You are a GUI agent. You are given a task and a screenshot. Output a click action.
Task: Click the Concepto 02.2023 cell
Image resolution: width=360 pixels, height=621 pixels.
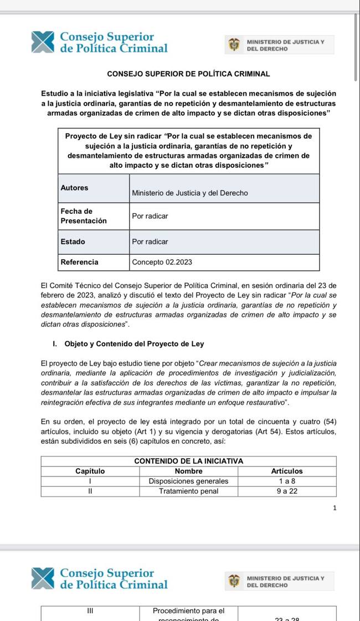(162, 262)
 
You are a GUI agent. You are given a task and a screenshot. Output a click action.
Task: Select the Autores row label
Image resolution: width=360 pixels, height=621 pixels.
(74, 188)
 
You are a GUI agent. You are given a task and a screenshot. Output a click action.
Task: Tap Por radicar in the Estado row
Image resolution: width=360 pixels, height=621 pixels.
(150, 242)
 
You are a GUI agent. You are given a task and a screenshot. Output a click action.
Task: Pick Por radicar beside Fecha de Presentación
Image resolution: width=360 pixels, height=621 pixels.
(150, 216)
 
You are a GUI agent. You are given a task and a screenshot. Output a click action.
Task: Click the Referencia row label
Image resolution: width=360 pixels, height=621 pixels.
(79, 262)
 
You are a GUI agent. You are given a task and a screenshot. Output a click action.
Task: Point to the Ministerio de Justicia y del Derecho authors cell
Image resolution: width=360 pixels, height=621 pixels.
(189, 193)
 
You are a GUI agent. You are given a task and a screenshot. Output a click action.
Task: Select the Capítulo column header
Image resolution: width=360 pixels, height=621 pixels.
(90, 471)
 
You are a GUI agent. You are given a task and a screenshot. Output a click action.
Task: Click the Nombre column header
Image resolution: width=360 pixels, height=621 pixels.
(188, 471)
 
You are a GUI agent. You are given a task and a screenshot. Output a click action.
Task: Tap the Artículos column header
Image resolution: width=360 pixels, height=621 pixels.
(287, 471)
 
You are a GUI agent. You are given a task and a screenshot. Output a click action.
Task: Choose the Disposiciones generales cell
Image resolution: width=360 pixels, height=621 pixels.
(188, 481)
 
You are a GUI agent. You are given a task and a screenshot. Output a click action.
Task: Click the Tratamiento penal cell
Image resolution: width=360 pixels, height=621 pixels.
(188, 491)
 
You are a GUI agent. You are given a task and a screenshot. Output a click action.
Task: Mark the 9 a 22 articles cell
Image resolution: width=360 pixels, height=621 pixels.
(287, 491)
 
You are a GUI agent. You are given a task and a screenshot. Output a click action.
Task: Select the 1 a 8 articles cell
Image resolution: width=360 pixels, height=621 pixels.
(287, 481)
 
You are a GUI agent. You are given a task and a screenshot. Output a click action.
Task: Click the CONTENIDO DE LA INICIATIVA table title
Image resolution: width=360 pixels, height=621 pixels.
(188, 461)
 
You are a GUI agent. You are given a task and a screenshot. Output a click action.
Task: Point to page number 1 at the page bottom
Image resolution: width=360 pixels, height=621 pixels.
(335, 507)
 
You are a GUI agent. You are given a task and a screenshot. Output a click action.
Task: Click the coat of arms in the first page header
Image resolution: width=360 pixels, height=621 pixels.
(234, 44)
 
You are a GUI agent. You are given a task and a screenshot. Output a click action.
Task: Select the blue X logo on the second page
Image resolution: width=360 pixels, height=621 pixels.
(43, 578)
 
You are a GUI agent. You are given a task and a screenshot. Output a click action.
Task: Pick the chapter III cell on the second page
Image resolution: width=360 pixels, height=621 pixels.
(90, 611)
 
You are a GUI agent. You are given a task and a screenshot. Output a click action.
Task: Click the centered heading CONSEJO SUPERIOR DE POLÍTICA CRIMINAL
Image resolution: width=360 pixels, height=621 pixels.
(188, 74)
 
